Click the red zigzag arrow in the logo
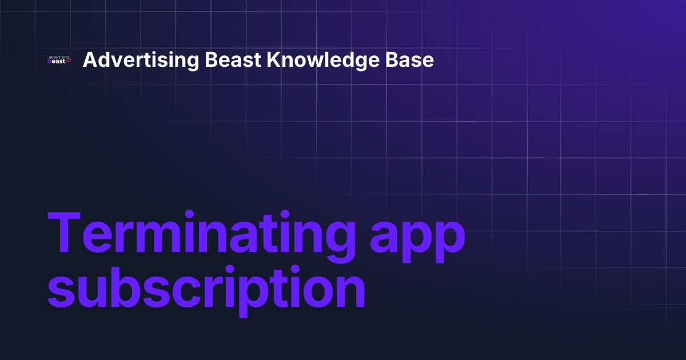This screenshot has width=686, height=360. (68, 61)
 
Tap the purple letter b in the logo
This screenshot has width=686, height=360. (50, 61)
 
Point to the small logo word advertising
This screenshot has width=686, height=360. (59, 57)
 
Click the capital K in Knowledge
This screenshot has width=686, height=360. (273, 60)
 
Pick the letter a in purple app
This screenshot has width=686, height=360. (385, 237)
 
